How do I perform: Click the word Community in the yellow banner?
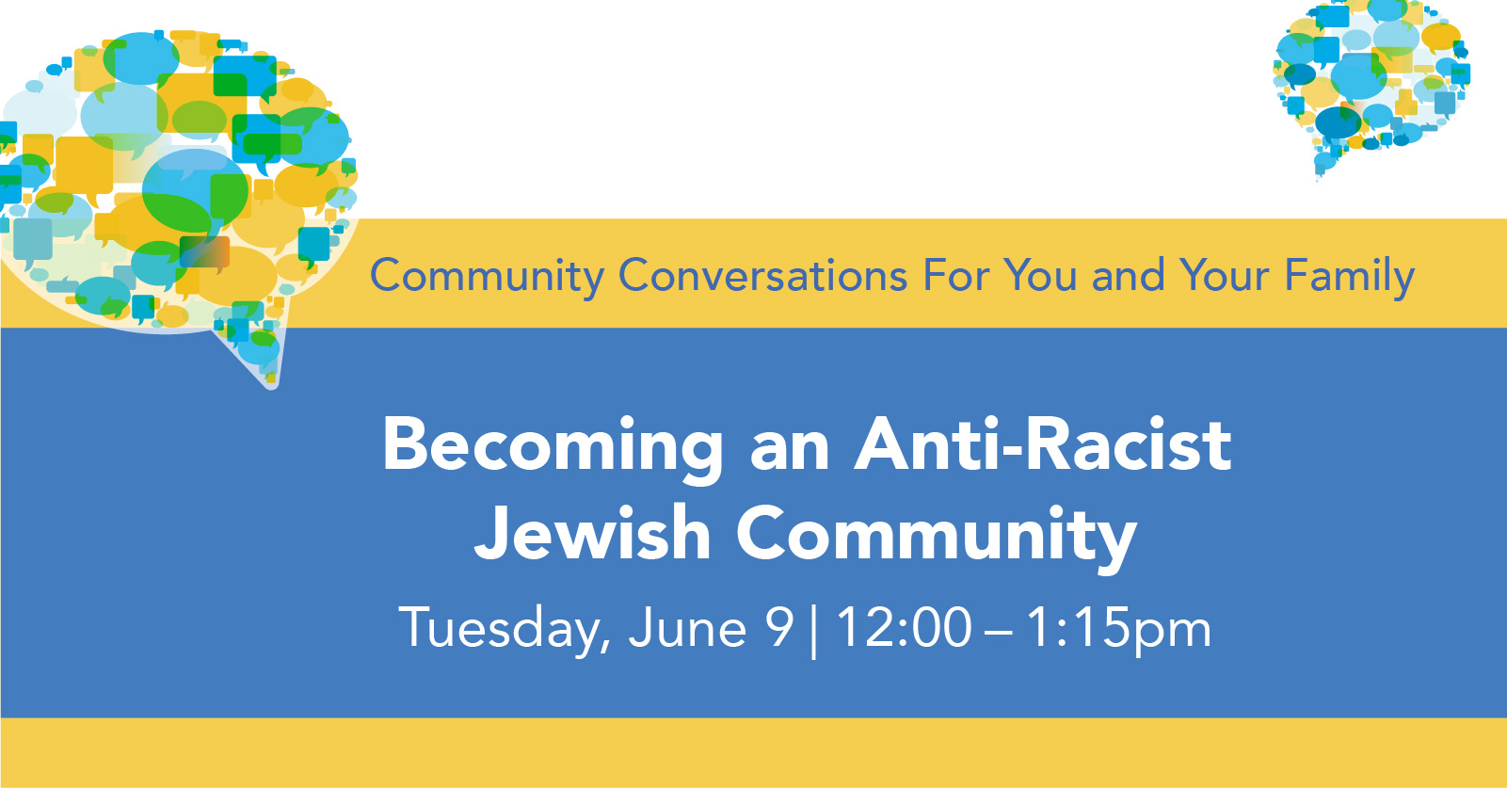(x=488, y=276)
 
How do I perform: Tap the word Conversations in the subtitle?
(x=763, y=275)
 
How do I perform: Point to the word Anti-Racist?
(x=1043, y=444)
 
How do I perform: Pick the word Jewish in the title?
(x=593, y=532)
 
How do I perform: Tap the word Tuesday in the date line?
(x=505, y=629)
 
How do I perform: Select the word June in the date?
(x=687, y=627)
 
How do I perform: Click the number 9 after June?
(x=779, y=627)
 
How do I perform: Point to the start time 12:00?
(x=903, y=627)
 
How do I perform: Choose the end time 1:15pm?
(x=1118, y=629)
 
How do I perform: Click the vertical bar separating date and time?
(x=814, y=630)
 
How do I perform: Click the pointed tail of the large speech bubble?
(x=272, y=385)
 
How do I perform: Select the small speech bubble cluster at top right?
(x=1371, y=84)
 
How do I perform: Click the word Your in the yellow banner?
(x=1224, y=275)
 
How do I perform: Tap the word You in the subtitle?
(x=1040, y=275)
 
